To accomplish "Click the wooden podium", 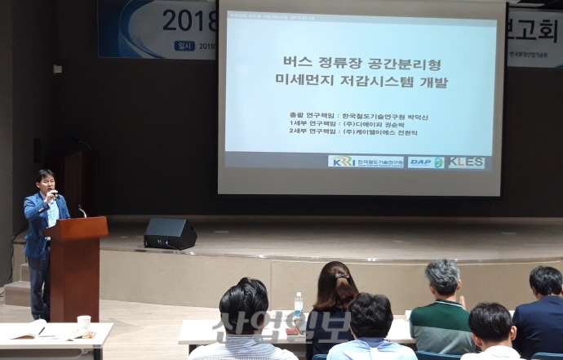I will [x=75, y=261].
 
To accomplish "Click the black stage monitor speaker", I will [x=170, y=233].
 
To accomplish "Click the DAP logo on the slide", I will [x=425, y=162].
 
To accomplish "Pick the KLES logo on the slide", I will [x=465, y=162].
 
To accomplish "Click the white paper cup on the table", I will [x=83, y=323].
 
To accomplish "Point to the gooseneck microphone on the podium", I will [x=81, y=211].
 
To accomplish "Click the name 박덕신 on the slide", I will [x=414, y=117].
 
